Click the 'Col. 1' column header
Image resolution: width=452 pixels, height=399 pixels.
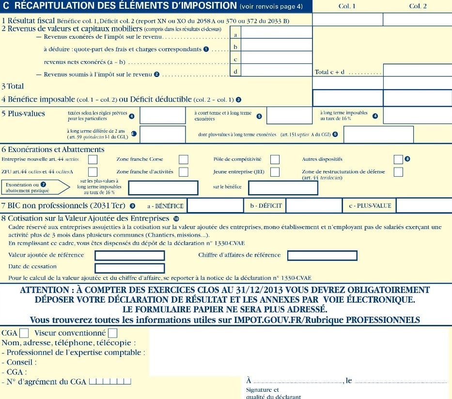347,6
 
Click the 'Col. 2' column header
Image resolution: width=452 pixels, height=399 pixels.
418,6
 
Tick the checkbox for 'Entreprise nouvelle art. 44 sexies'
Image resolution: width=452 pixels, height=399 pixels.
93,159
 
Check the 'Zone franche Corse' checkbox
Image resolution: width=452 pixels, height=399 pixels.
184,159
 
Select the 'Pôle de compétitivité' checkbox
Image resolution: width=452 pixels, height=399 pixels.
275,159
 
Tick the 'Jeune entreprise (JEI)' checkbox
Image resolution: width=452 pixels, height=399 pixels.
275,172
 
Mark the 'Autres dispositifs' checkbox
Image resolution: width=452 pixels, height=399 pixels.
398,159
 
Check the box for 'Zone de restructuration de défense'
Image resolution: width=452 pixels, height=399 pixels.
398,172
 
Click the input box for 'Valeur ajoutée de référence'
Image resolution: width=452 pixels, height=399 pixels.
130,256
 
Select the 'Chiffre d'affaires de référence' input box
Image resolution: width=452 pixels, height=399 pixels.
322,255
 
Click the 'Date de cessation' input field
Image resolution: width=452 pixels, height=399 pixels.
130,268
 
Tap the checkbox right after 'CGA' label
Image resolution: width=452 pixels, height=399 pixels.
24,333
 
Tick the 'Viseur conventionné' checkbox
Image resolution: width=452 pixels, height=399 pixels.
112,333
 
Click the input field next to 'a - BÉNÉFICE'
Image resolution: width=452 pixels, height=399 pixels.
215,206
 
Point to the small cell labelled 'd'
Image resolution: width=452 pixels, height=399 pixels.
235,71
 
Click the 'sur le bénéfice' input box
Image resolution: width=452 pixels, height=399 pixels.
276,187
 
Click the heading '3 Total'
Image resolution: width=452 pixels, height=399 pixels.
13,86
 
